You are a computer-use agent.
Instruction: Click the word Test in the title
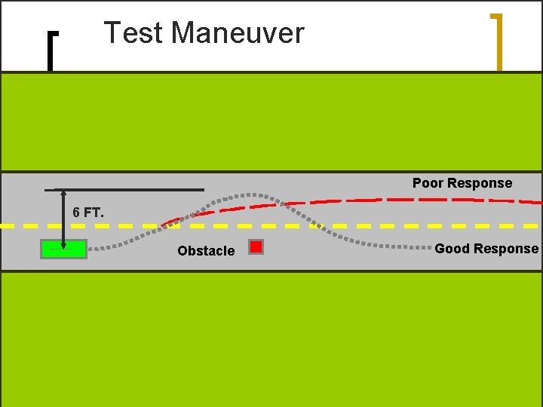(133, 33)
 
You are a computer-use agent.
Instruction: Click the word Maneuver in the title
(238, 33)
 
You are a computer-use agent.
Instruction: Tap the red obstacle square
(256, 246)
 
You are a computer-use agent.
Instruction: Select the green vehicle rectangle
(64, 249)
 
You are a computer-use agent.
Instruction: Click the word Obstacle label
(206, 251)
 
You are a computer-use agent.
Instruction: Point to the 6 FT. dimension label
(88, 213)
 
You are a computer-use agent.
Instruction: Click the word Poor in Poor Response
(428, 183)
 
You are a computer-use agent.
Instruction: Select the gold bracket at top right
(496, 41)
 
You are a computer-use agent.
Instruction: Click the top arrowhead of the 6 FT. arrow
(63, 193)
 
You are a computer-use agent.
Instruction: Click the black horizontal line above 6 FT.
(124, 189)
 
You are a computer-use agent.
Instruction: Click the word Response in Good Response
(509, 249)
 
